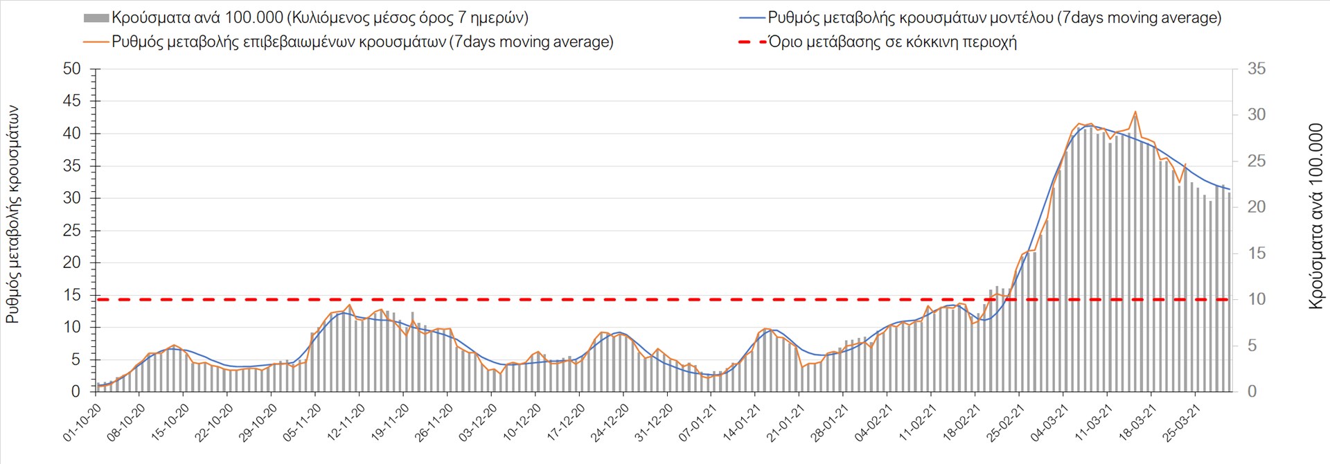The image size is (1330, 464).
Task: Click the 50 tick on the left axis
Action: (72, 69)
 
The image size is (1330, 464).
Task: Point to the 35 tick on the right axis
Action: (1257, 69)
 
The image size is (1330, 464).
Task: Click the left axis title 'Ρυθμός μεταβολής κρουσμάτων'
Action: (12, 215)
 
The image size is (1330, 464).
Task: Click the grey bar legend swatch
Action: (96, 18)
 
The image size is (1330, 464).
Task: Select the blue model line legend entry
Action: (993, 18)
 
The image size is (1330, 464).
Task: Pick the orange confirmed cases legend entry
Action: (362, 42)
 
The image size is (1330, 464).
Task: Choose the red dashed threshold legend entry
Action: (892, 42)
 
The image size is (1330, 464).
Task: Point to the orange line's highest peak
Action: (1135, 111)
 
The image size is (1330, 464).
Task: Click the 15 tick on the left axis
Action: (72, 295)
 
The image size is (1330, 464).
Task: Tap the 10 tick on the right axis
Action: (1257, 299)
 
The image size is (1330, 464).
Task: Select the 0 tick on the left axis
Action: (76, 392)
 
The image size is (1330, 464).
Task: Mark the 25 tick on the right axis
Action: (1257, 161)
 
